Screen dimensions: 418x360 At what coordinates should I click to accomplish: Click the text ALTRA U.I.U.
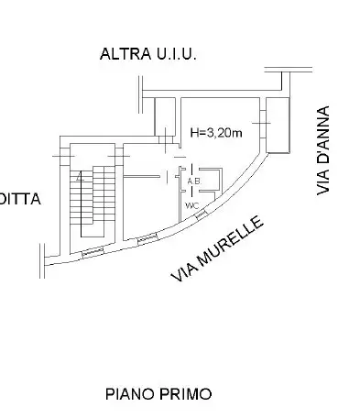tap(147, 55)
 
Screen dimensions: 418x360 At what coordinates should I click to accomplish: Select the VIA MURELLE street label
tap(217, 248)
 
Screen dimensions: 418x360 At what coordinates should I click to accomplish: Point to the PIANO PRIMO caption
tap(158, 394)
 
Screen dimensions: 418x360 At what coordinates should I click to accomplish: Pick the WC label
tap(191, 204)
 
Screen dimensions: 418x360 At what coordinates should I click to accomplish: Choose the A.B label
tap(193, 181)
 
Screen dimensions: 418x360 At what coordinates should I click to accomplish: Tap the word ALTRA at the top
tap(124, 55)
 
